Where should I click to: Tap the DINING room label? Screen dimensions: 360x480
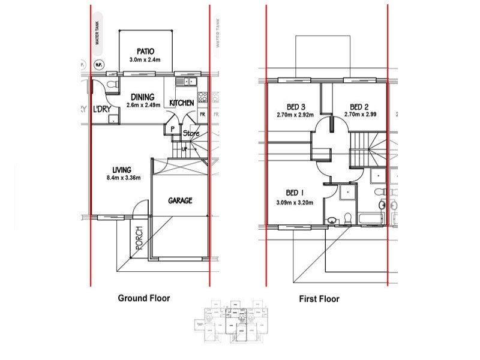pyautogui.click(x=142, y=97)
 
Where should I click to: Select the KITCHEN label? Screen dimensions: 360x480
pyautogui.click(x=181, y=103)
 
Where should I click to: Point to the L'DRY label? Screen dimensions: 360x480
pyautogui.click(x=101, y=109)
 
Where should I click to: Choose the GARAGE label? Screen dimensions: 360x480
pyautogui.click(x=180, y=200)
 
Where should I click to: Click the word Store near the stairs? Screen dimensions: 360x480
pyautogui.click(x=191, y=133)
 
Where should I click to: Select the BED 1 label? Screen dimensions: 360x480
pyautogui.click(x=295, y=193)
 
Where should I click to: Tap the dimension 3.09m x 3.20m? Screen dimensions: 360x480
pyautogui.click(x=295, y=203)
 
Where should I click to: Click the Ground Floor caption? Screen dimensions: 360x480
pyautogui.click(x=143, y=298)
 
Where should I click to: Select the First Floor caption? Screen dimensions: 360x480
pyautogui.click(x=319, y=298)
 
